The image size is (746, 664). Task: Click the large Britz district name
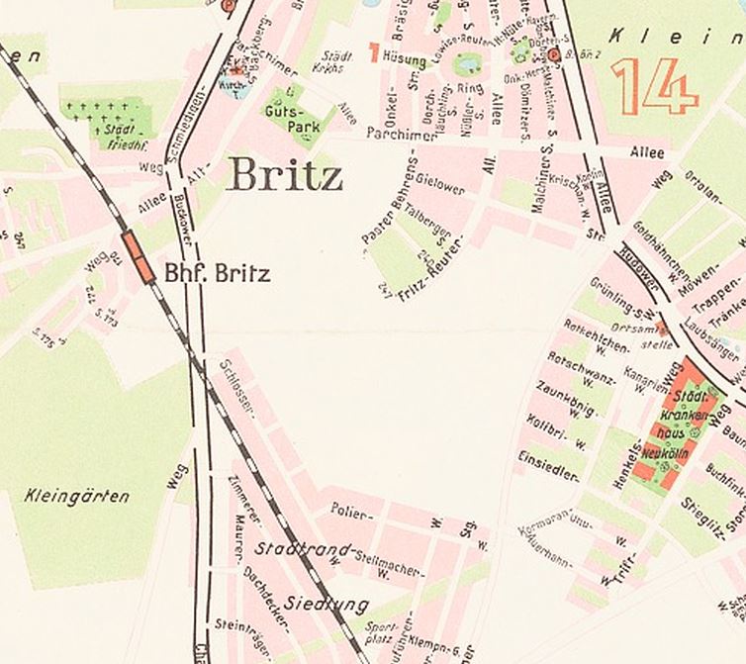tap(284, 175)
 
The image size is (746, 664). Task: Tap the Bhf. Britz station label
tap(216, 272)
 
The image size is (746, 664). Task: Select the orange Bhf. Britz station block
tap(139, 257)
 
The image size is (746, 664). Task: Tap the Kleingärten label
tap(76, 496)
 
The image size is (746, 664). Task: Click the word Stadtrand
tap(303, 548)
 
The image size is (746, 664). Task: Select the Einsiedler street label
tap(548, 466)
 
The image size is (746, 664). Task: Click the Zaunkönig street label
tap(562, 401)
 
